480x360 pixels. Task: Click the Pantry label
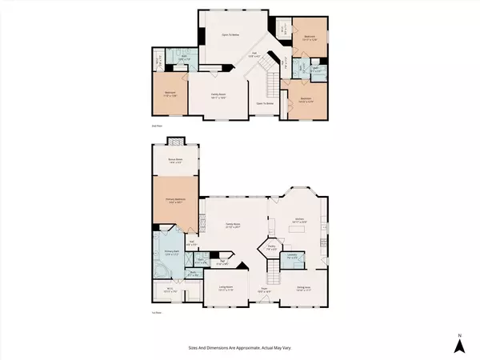coord(272,247)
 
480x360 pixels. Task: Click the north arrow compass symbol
coord(459,344)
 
